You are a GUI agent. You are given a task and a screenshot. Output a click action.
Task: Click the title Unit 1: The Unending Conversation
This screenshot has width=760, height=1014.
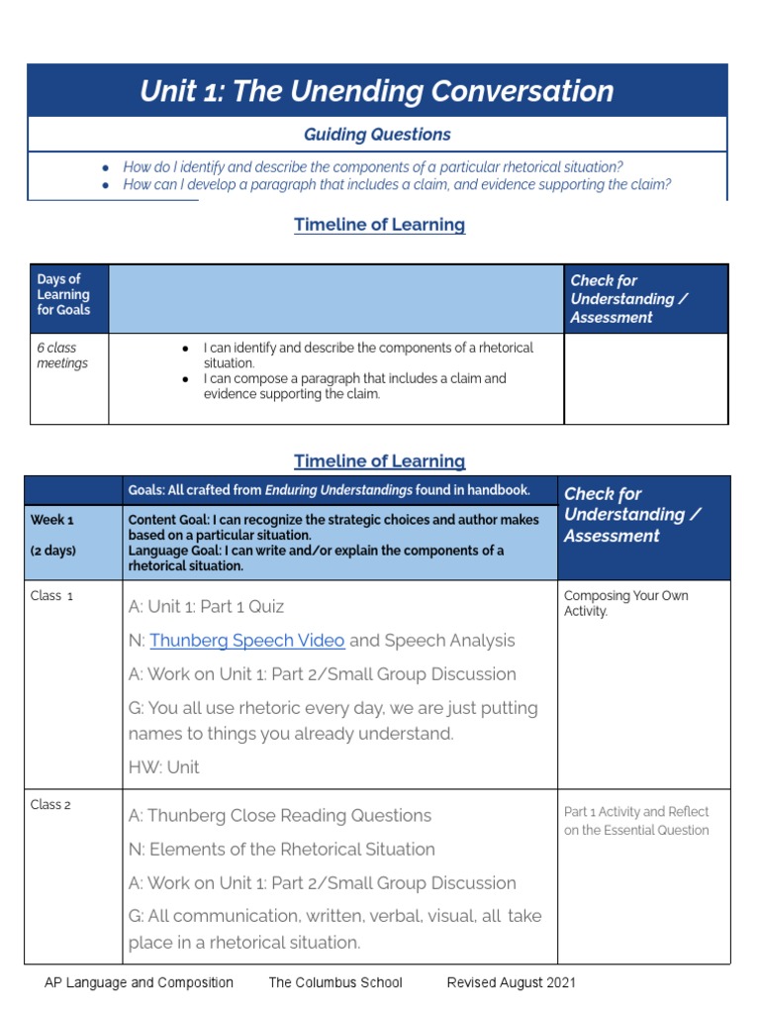(x=376, y=91)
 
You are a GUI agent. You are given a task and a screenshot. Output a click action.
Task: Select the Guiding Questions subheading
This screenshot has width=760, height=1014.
(x=376, y=135)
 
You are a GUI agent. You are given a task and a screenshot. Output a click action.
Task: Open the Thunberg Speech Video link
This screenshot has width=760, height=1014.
(x=246, y=641)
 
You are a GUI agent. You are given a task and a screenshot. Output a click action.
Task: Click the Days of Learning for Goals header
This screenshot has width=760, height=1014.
(x=63, y=294)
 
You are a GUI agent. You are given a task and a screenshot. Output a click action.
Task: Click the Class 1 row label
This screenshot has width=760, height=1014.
(x=51, y=596)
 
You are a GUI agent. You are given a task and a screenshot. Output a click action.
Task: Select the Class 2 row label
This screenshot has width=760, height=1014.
(x=51, y=805)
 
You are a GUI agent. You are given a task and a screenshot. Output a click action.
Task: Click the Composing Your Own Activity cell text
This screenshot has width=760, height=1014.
(x=625, y=603)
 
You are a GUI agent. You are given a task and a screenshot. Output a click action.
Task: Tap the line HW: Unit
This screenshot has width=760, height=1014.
(x=163, y=767)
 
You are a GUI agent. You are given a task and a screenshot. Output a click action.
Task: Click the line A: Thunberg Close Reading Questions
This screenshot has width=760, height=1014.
(x=279, y=816)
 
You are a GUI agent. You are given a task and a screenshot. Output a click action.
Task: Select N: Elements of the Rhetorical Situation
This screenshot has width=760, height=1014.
(x=281, y=850)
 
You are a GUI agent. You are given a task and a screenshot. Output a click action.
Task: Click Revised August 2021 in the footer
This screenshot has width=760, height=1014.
(x=511, y=983)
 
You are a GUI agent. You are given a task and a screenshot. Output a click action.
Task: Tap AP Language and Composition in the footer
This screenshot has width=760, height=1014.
(x=139, y=983)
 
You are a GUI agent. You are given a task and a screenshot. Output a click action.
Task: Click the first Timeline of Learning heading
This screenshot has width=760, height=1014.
(x=379, y=225)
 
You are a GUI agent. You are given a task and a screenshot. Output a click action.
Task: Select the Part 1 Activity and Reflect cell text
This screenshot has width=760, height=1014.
(x=636, y=821)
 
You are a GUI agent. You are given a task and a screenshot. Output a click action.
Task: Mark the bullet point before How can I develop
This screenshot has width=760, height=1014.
(x=106, y=185)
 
